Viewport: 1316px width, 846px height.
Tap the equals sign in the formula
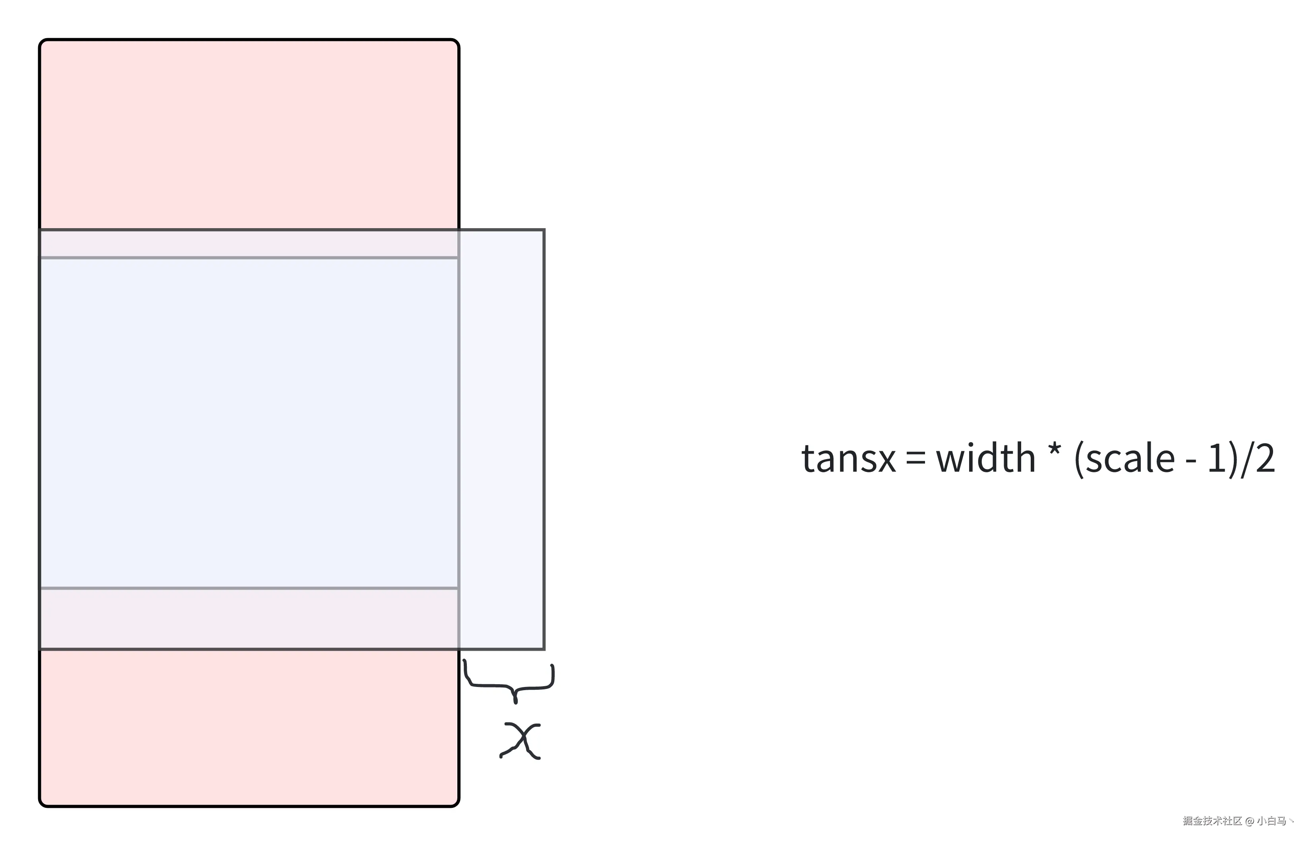point(915,459)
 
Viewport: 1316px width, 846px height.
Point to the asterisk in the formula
point(1055,453)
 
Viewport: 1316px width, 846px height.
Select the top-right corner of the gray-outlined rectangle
point(544,230)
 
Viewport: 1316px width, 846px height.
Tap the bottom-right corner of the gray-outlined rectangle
point(544,649)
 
